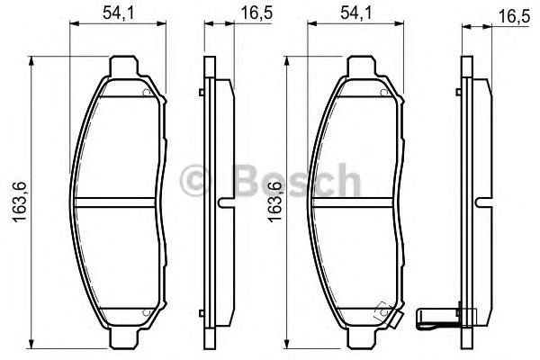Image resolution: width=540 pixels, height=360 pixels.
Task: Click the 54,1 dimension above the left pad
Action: [x=118, y=13]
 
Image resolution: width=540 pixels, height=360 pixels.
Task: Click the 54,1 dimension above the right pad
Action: [x=356, y=13]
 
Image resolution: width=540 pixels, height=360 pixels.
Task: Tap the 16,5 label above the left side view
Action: [x=256, y=13]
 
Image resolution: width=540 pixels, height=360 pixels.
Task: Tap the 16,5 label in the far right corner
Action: [x=514, y=16]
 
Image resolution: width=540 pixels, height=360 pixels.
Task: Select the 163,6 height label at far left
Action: [x=20, y=202]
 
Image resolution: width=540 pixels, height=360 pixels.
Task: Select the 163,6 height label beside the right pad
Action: [x=274, y=202]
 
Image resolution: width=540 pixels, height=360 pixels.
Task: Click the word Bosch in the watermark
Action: [x=297, y=180]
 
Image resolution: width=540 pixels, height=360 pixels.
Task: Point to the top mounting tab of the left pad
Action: [x=123, y=66]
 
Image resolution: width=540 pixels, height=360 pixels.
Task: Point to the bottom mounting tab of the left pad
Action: [x=123, y=337]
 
